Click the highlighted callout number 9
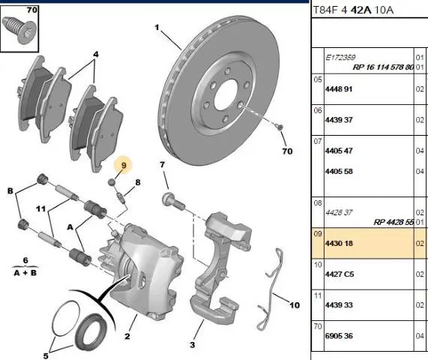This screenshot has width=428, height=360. tap(124, 165)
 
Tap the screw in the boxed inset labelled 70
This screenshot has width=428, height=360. tap(19, 29)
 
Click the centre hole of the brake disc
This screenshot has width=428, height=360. tap(225, 94)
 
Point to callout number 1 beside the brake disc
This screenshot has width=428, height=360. tap(157, 27)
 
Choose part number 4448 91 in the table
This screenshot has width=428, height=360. tap(339, 89)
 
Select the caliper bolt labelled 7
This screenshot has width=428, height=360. tap(174, 201)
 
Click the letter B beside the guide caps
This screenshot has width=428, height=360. tap(10, 190)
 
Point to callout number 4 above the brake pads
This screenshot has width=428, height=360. tap(95, 54)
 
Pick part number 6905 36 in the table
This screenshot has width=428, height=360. tap(339, 335)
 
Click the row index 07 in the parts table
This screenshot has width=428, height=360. tap(318, 141)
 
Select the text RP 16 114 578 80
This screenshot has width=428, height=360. tap(383, 67)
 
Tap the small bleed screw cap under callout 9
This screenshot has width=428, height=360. tap(112, 181)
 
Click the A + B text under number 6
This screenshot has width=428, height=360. tap(25, 272)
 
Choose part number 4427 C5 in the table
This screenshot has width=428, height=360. tap(340, 274)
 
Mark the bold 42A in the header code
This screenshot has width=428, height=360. tap(361, 10)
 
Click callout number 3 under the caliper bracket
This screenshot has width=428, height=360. tap(193, 345)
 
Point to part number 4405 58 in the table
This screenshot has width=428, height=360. tap(339, 171)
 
